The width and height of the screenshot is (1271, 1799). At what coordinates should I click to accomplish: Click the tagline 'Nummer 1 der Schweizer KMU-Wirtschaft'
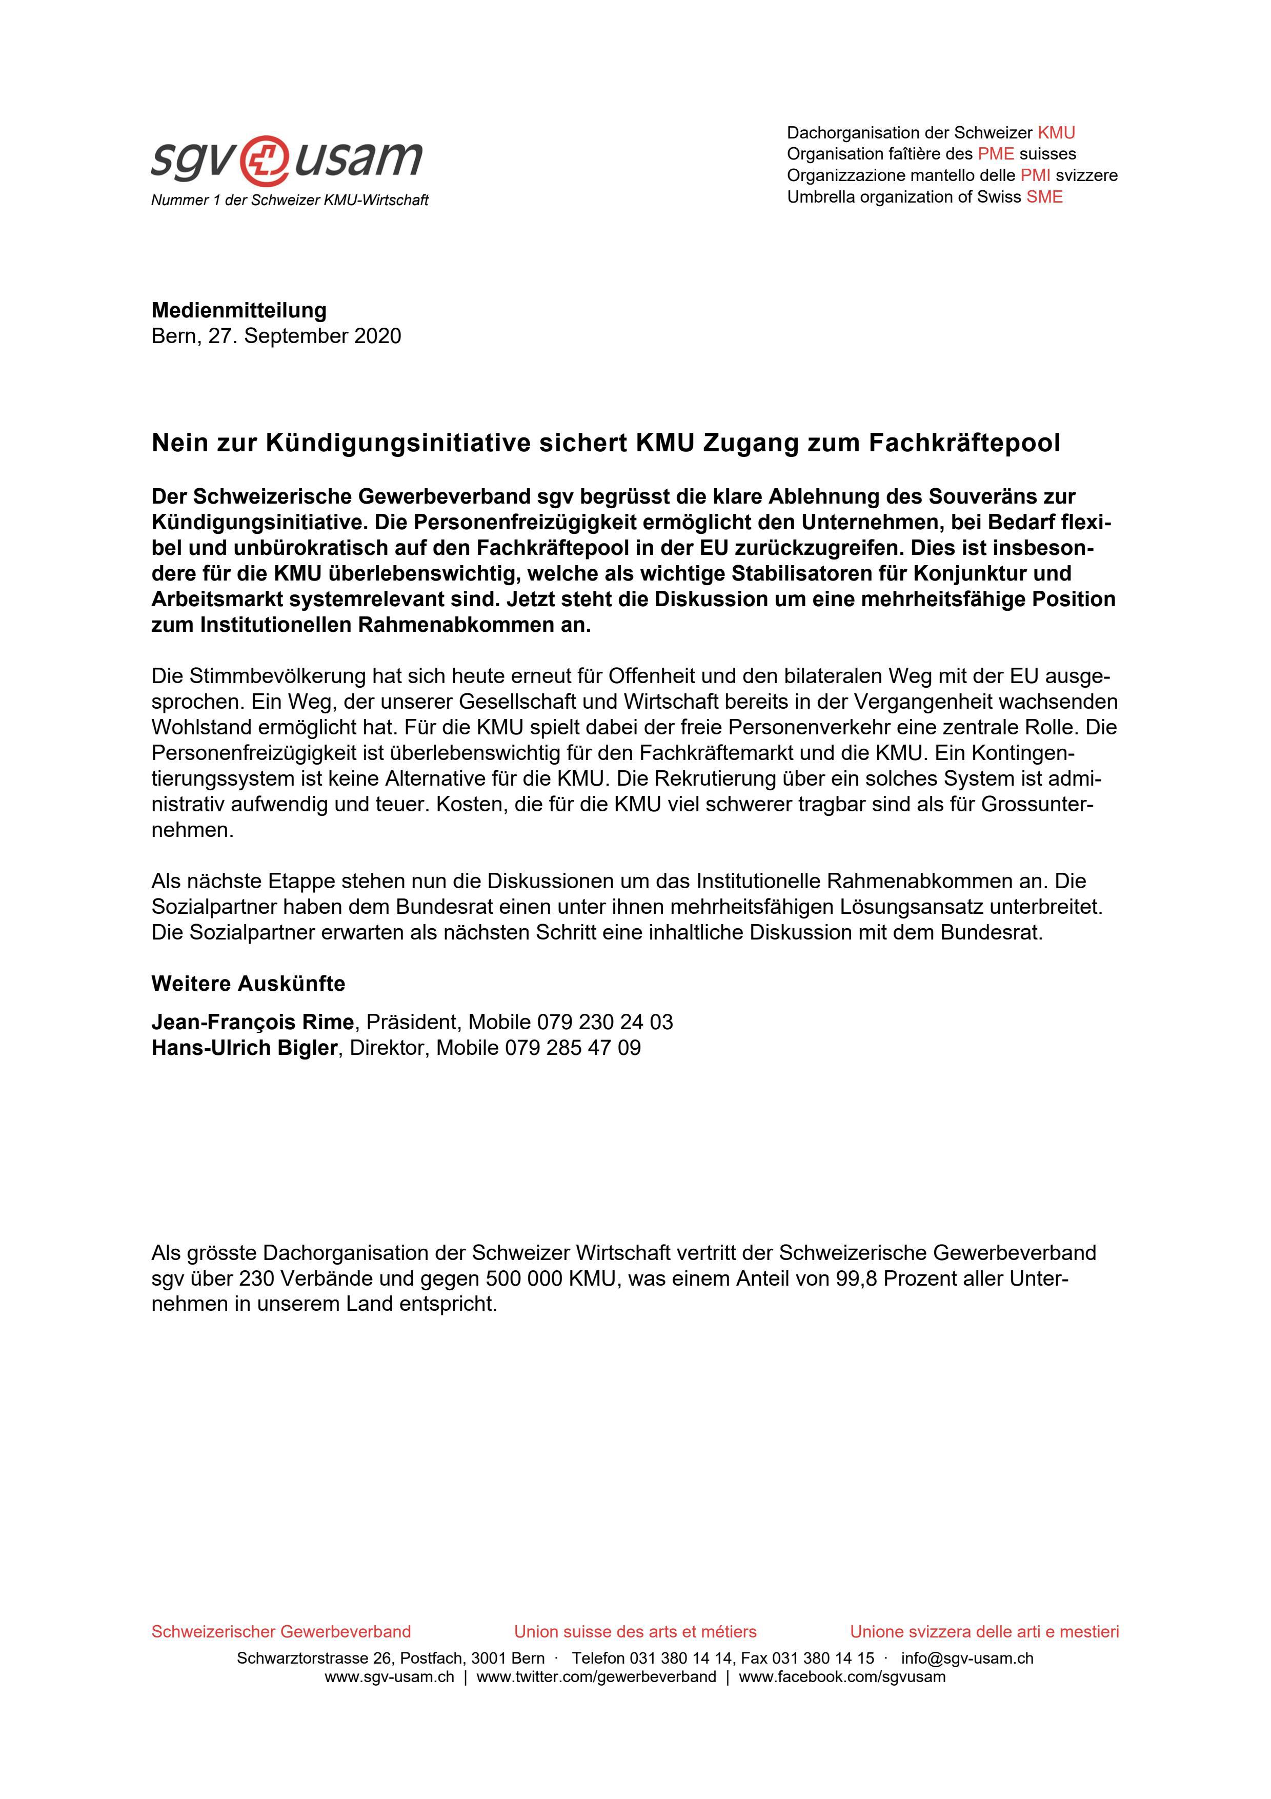click(290, 201)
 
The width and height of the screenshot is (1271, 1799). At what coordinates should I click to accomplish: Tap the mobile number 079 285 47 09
click(573, 1048)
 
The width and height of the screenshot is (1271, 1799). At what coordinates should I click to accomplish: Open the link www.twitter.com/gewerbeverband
click(596, 1677)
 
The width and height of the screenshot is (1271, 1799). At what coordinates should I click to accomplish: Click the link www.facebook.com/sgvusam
click(842, 1677)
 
